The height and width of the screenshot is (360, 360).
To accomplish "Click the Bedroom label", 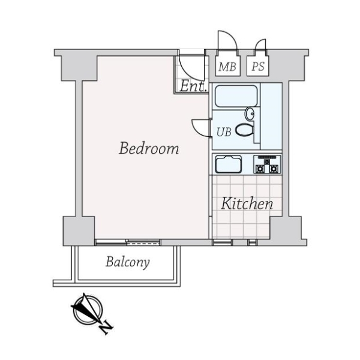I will pos(149,148).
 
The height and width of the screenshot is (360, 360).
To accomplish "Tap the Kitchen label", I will pos(247,203).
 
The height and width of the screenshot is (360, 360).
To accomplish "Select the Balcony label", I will pos(128,262).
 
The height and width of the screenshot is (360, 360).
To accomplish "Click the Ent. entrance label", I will pos(193,86).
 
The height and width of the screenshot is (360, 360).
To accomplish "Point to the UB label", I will pos(223,131).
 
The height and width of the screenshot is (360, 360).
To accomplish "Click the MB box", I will pos(227,67).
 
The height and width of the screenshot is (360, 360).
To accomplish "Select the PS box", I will pos(258,67).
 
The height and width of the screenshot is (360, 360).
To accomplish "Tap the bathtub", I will pos(236,96).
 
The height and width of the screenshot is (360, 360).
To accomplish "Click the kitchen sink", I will pos(227,164).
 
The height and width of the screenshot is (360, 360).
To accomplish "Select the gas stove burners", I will pos(267,164).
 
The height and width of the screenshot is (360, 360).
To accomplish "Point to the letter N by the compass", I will pos(106,328).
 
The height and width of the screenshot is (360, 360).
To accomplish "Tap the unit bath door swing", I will pos(200,128).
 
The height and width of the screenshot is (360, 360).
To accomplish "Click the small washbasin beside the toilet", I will pos(250,114).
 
